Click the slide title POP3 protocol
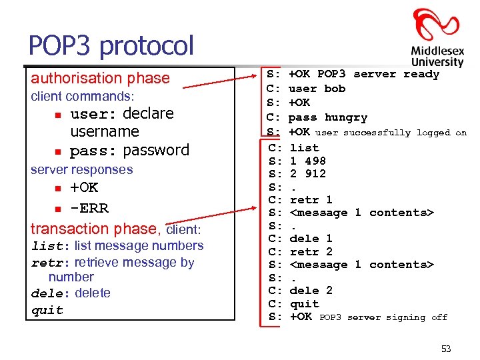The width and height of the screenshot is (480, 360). pos(111,45)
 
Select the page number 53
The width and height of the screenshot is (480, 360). pos(445,349)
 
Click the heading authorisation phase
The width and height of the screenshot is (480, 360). pos(100,78)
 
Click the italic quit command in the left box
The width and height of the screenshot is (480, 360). pos(47,310)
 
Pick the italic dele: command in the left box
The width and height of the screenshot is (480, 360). pos(51,293)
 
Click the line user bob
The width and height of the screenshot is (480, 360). pos(317,88)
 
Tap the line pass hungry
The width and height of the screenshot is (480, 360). pos(327,117)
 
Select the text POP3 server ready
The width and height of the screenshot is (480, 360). pos(378,74)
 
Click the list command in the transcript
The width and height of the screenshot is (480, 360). pos(304,147)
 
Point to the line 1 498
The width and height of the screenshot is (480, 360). pos(307,161)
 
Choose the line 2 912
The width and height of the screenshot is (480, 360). pos(307,173)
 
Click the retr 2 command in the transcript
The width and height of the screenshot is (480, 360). pos(311,251)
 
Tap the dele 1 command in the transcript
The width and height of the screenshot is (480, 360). pos(311,238)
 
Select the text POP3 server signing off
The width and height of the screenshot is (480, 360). pos(383,317)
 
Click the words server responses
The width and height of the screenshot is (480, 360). pos(82,169)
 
